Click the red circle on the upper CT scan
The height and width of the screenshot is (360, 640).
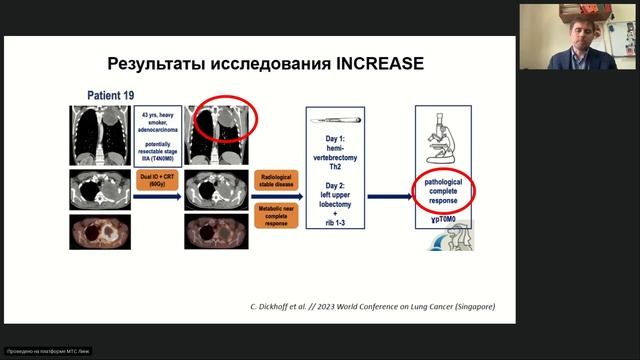click(x=225, y=119)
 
